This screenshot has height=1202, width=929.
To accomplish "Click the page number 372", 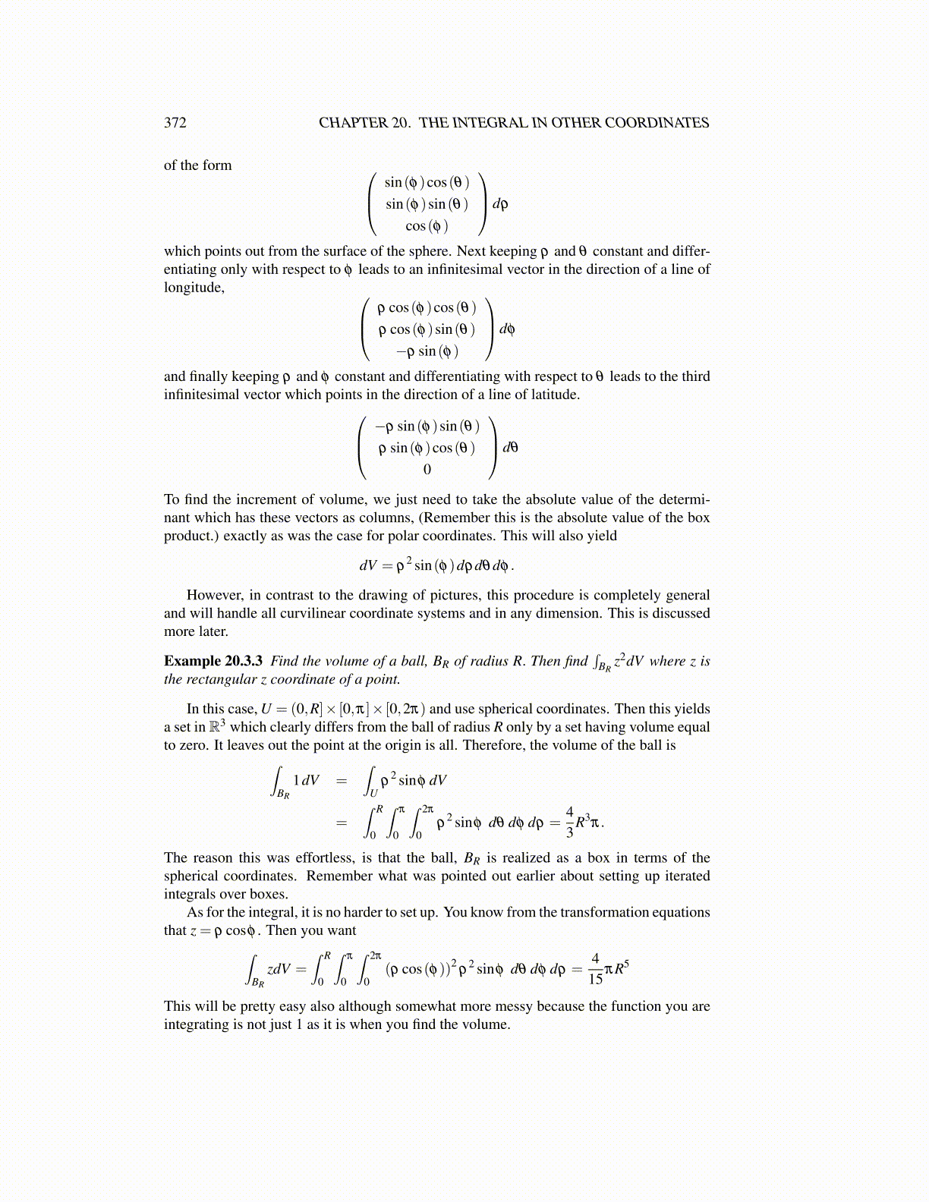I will [x=175, y=123].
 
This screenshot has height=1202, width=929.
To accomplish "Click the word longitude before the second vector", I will [x=194, y=288].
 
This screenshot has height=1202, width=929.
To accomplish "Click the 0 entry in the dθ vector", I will [x=427, y=470].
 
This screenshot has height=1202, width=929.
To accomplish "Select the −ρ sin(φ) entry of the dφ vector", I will [x=427, y=351].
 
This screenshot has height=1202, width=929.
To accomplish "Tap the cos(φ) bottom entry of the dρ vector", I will [x=427, y=226].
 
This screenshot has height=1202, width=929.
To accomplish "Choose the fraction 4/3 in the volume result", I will [x=570, y=822].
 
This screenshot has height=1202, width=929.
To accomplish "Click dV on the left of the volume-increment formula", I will [x=368, y=566].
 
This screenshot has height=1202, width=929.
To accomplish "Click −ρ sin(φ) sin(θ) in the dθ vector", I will [x=427, y=426].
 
